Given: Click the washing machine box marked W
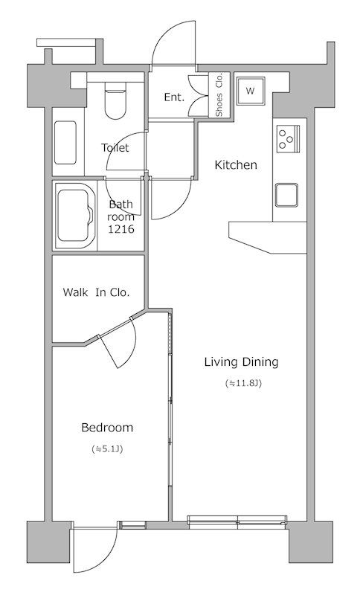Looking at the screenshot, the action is point(250,91).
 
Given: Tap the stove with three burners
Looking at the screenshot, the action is point(289,139).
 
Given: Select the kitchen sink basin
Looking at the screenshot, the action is point(287,195).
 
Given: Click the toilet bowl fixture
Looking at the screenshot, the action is point(115,104).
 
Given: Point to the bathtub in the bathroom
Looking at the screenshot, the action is point(75,216).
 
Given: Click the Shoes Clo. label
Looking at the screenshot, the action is point(219,95).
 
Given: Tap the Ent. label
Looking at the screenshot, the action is point(174,97).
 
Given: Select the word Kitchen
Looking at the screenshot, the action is point(236,164).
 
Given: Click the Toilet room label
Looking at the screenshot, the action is point(115,147).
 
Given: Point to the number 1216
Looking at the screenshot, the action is point(120,229).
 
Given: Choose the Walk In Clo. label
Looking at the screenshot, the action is point(97,292).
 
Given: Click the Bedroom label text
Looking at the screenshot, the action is point(107,428).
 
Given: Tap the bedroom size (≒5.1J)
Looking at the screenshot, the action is point(107,449).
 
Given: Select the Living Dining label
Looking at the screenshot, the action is point(241,362).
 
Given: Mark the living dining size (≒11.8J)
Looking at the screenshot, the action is point(243,383).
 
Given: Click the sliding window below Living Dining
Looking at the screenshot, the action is point(237,522).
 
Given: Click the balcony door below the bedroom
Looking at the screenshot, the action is point(95,550).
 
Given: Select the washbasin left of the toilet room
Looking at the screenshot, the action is point(65,142).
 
